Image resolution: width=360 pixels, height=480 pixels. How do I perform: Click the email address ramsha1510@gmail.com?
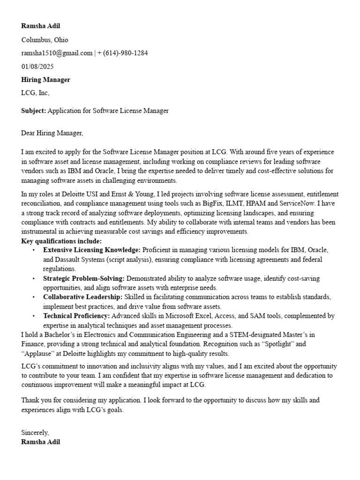pos(57,53)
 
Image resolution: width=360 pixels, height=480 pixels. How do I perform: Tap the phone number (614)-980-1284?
pos(125,53)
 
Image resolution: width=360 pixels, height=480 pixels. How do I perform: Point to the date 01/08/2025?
pos(37,67)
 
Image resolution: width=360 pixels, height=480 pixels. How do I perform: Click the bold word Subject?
pos(34,111)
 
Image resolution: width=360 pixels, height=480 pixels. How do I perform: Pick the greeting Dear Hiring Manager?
pos(52,133)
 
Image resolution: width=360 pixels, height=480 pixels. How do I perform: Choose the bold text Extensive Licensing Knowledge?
pos(92,250)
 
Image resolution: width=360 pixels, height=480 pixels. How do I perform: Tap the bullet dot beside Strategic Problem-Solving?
pos(34,278)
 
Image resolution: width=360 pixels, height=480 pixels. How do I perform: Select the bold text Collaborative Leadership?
pos(83,297)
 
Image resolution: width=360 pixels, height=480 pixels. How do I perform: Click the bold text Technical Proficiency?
pos(77,316)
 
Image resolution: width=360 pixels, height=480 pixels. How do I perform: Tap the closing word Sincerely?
pos(35,432)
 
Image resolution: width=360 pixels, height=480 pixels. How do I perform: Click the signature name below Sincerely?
pos(41,442)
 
